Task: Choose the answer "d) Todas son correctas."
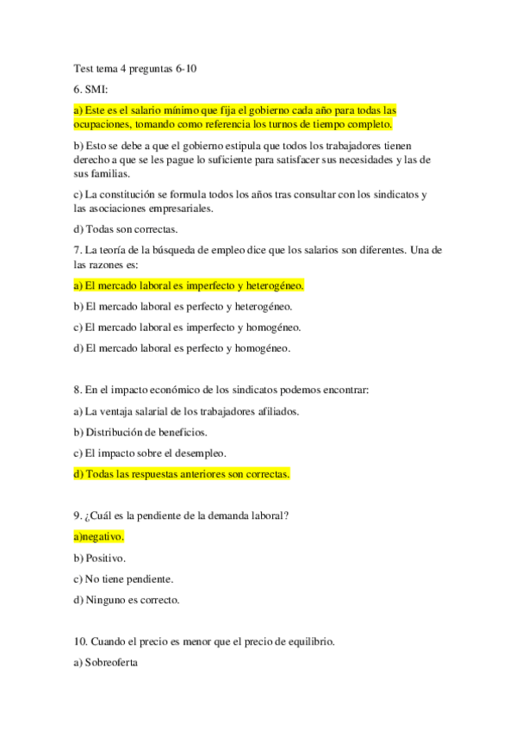[126, 228]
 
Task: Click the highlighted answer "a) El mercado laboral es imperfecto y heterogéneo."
[190, 285]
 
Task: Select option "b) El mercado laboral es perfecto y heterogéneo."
[183, 306]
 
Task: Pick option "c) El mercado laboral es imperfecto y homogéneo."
[187, 327]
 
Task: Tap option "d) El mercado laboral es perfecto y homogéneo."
[182, 348]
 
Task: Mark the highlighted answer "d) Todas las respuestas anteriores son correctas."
[182, 473]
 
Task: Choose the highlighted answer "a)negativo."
[99, 536]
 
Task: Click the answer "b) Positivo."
[100, 558]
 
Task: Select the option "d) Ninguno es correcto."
[127, 600]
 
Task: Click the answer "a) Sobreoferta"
[107, 664]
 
